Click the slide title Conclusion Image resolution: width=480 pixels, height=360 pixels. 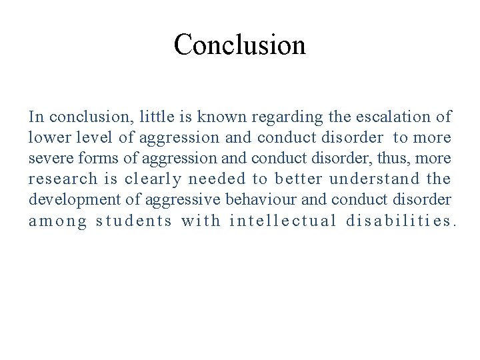[239, 45]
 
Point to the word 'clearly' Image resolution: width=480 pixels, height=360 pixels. [153, 180]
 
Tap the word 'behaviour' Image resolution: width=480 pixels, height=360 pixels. [260, 200]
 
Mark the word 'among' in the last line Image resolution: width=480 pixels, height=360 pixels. [58, 221]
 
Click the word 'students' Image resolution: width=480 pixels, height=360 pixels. [134, 221]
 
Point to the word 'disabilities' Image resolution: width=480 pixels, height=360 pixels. [399, 221]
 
